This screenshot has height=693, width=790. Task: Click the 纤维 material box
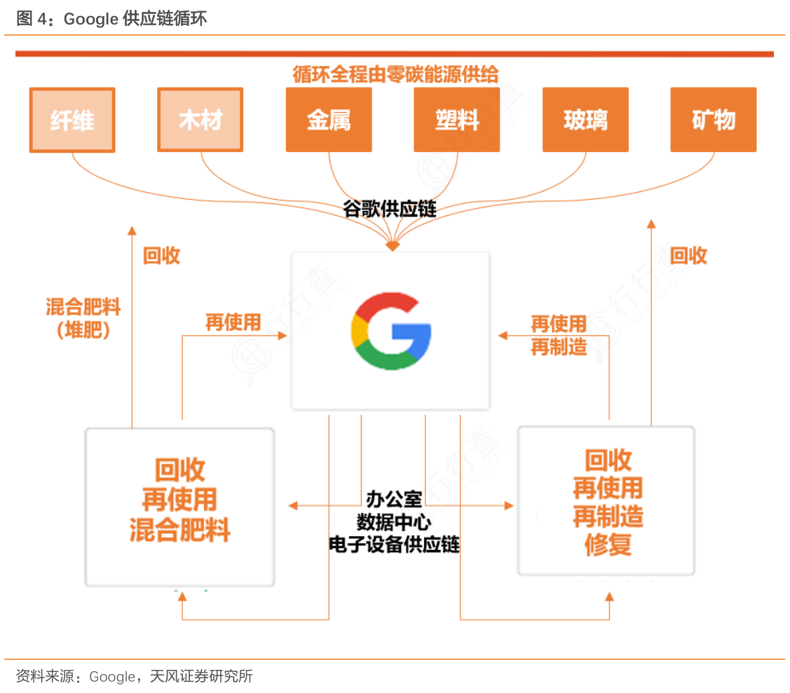72,120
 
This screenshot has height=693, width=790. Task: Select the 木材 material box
200,120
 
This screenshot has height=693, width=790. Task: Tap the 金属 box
329,120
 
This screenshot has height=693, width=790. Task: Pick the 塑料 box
456,120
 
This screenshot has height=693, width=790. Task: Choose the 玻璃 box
585,120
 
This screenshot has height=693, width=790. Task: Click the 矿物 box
713,120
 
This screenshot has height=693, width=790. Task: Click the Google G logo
390,331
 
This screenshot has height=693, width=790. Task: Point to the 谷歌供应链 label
390,209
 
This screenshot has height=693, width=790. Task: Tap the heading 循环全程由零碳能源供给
395,74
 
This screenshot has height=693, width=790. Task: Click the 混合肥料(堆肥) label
83,317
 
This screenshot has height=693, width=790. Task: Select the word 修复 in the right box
608,544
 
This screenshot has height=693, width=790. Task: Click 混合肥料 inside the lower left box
180,530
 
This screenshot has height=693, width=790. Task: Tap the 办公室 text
394,499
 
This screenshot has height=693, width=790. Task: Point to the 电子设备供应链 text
394,544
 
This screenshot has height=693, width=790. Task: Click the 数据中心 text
394,522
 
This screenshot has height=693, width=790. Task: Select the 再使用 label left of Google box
233,322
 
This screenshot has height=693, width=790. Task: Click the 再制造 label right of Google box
559,347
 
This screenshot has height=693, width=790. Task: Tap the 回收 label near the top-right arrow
688,256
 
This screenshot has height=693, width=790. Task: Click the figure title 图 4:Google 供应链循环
111,19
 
